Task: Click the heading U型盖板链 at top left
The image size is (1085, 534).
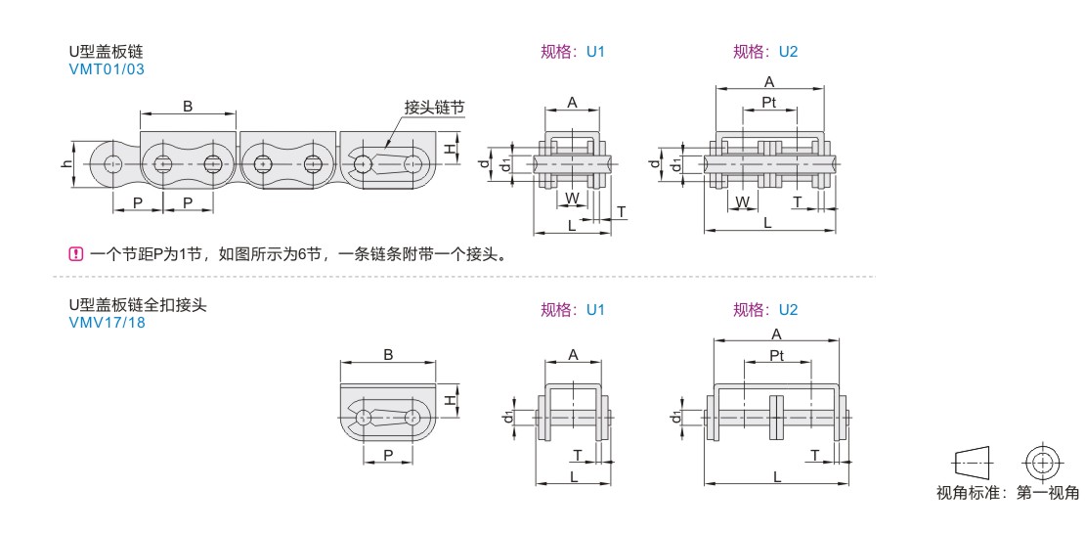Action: pos(101,52)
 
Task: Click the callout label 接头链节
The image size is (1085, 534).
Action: pos(434,108)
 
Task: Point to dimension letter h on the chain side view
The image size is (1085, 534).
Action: pos(66,163)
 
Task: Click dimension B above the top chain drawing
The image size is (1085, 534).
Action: pos(188,107)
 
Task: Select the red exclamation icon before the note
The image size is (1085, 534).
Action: pos(74,255)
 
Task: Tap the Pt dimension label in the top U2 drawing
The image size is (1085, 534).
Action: pos(768,102)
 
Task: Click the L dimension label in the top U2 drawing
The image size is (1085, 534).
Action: pos(767,223)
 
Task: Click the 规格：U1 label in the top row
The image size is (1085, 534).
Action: pos(573,52)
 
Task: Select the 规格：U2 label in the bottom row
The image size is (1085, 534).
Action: pos(765,310)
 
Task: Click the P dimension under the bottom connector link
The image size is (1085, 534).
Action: pos(388,455)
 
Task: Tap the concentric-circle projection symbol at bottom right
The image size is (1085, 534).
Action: pos(1042,461)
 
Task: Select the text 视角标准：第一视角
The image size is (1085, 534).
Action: pos(1007,493)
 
